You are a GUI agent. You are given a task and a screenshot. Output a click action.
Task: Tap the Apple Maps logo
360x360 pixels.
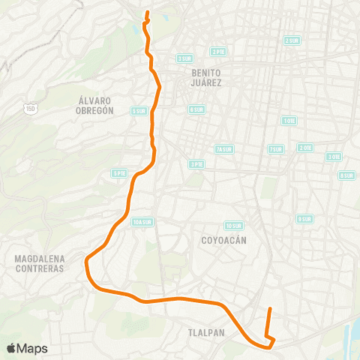[x=28, y=348]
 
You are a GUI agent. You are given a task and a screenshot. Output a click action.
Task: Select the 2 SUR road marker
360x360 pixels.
[x=292, y=40]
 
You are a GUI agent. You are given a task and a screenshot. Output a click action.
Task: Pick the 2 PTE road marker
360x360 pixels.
[x=218, y=52]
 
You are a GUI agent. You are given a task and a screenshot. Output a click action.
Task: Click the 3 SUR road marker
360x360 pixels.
[x=184, y=58]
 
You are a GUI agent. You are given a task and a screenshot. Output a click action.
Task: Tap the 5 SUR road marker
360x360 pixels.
[x=139, y=111]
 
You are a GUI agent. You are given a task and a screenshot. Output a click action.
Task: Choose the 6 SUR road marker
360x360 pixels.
[x=196, y=109]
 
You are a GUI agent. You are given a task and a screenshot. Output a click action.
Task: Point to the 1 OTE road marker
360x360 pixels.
[x=289, y=121]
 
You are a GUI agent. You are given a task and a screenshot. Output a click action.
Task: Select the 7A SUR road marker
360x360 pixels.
[x=223, y=148]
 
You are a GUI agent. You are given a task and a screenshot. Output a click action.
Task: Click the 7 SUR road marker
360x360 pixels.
[x=276, y=149]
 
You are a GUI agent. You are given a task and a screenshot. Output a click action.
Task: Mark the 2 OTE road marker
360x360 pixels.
[x=305, y=148]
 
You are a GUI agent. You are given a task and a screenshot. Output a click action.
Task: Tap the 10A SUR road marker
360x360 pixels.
[x=141, y=222]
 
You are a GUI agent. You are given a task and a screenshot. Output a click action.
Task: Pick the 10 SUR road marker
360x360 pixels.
[x=233, y=225]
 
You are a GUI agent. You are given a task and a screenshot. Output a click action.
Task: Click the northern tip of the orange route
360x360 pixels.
[x=147, y=13]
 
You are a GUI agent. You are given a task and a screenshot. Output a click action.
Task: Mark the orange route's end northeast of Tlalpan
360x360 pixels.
[x=270, y=308]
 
